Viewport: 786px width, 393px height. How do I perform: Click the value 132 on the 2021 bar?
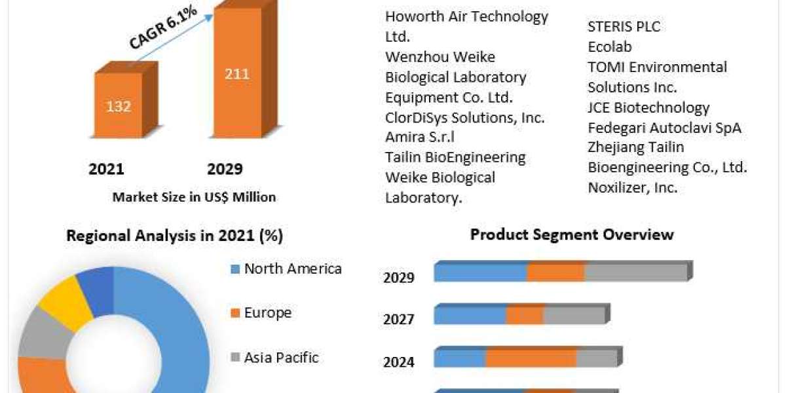[119, 106]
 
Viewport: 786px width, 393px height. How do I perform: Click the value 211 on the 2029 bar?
[237, 73]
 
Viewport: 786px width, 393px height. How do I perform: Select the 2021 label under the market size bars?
[106, 170]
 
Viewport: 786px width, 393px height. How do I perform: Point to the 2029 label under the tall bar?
[225, 170]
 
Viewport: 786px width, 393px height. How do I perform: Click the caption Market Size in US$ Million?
[194, 196]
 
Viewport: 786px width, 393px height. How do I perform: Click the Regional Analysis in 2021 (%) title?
[174, 236]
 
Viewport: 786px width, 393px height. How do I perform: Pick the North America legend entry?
[292, 269]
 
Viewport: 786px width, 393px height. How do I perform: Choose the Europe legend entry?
[267, 313]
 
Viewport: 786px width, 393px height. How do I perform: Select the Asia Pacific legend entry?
[281, 358]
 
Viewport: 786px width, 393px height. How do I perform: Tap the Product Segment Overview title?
[572, 234]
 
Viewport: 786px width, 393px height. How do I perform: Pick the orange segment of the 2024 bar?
[531, 358]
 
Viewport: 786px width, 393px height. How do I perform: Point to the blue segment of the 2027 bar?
[470, 315]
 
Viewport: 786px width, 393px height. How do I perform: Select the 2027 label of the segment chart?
[399, 320]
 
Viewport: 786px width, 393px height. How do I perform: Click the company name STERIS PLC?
[624, 27]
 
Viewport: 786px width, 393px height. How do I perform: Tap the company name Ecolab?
[609, 47]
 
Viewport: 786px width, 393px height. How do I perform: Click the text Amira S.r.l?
[420, 137]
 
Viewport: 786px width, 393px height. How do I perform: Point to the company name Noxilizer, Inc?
[632, 187]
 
